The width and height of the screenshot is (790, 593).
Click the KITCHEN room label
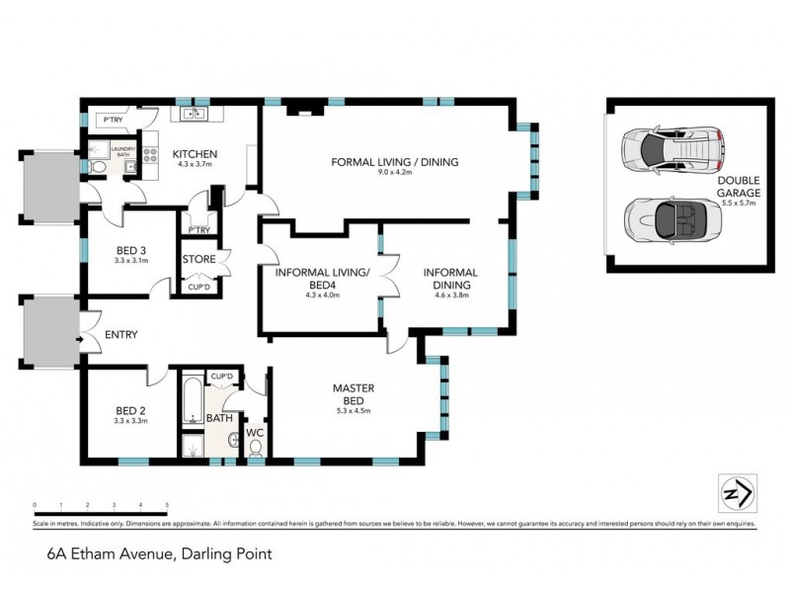195,154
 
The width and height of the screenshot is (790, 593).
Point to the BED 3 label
131,250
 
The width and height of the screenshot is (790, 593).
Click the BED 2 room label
131,409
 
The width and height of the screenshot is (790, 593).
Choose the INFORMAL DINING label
450,279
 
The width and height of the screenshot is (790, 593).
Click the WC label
255,431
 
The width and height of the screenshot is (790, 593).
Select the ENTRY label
120,335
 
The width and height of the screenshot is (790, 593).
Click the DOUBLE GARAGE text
739,187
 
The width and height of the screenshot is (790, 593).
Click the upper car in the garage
671,151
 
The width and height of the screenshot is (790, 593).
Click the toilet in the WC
256,449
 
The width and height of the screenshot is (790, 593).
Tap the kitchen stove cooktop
152,154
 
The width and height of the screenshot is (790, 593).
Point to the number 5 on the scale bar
168,505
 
